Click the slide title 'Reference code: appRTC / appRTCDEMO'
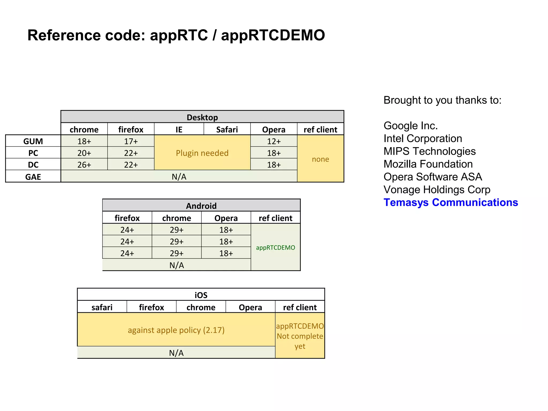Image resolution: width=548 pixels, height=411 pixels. coord(176,35)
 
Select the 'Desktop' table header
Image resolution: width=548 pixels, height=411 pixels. coord(202,117)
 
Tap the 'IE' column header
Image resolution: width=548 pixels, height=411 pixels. coord(179,130)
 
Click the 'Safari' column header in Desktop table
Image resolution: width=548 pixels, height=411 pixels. coord(227,130)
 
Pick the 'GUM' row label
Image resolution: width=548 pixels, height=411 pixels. coord(33,141)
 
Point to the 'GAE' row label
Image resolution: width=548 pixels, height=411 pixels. coord(33,177)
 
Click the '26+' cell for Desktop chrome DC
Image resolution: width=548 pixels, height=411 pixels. coord(84,165)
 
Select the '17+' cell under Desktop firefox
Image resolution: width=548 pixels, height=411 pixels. coord(131,141)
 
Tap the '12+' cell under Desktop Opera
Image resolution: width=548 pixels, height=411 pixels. coord(274,141)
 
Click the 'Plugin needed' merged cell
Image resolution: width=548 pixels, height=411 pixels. coord(202,153)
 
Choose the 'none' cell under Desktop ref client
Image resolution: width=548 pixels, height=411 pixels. coord(320,159)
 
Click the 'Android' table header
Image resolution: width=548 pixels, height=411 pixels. coord(201,206)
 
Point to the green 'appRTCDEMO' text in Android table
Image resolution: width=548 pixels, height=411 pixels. coord(275,248)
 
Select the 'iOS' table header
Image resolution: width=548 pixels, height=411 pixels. coord(201,295)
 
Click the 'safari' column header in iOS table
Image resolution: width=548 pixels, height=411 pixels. coord(102,307)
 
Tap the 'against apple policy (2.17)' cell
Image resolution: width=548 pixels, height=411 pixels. coord(176,330)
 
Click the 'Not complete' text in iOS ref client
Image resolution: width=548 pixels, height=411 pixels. coord(300,336)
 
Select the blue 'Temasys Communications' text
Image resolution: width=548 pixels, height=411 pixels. coord(451,202)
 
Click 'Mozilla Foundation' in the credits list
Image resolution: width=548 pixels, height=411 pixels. coord(428,164)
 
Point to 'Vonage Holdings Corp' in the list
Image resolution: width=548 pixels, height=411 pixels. coord(437,189)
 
